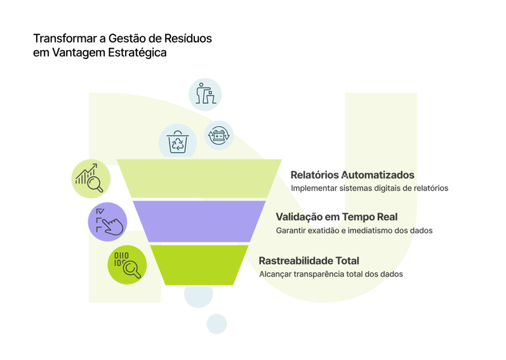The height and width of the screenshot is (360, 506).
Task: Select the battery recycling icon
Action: click(x=219, y=135)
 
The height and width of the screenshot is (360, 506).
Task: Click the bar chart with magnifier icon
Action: click(x=90, y=177)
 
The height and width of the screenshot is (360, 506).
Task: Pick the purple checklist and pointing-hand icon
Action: click(x=106, y=222)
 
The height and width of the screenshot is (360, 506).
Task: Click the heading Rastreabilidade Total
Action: click(x=309, y=260)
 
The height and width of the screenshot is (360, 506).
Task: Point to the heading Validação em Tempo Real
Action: click(x=336, y=217)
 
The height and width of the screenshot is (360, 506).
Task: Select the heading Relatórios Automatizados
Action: click(x=353, y=175)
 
